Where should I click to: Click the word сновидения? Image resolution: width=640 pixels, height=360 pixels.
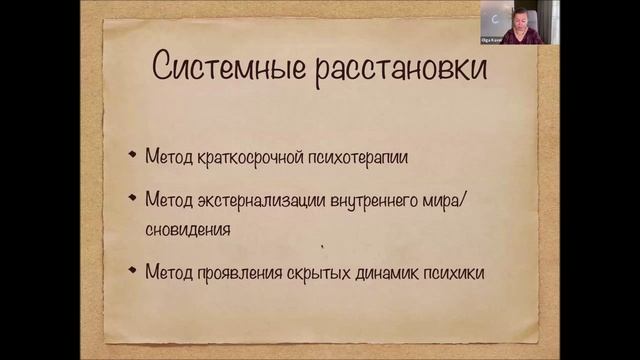[187, 229]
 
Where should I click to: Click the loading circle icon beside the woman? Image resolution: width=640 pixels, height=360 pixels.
[496, 18]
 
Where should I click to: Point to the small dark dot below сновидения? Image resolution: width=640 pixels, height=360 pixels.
[322, 245]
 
